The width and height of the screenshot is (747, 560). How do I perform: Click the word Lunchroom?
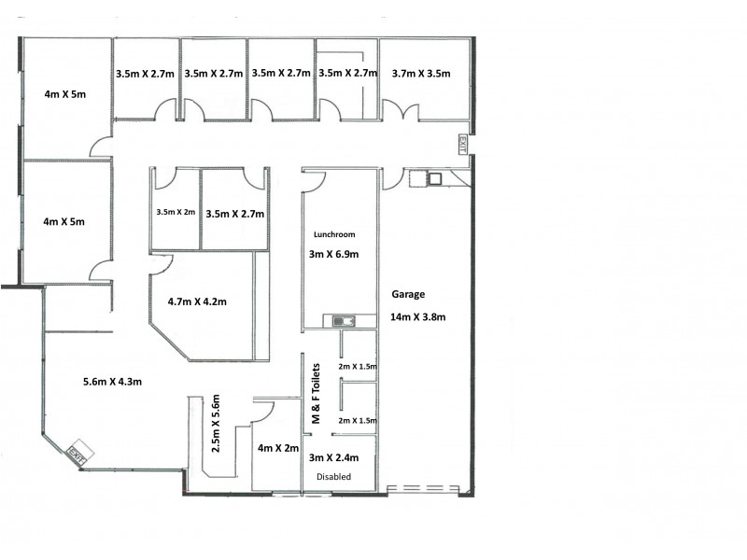[x=334, y=234]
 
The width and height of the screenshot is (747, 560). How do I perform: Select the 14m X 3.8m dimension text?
[x=418, y=317]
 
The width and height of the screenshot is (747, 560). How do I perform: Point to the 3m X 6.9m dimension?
[x=334, y=254]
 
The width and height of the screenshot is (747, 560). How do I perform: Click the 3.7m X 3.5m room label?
[x=421, y=73]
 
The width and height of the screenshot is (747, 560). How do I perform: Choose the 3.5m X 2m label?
[x=176, y=212]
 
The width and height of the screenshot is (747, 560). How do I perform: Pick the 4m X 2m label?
[x=277, y=449]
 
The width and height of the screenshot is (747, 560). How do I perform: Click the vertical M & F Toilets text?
[x=315, y=396]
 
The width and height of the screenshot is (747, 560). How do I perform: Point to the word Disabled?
[x=333, y=476]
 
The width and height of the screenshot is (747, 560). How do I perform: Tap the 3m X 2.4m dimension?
[x=341, y=457]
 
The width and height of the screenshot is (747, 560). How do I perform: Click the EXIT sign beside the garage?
[x=461, y=145]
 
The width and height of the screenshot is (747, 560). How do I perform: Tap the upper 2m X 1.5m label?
[x=359, y=367]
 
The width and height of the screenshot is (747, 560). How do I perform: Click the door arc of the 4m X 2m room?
[x=262, y=411]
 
